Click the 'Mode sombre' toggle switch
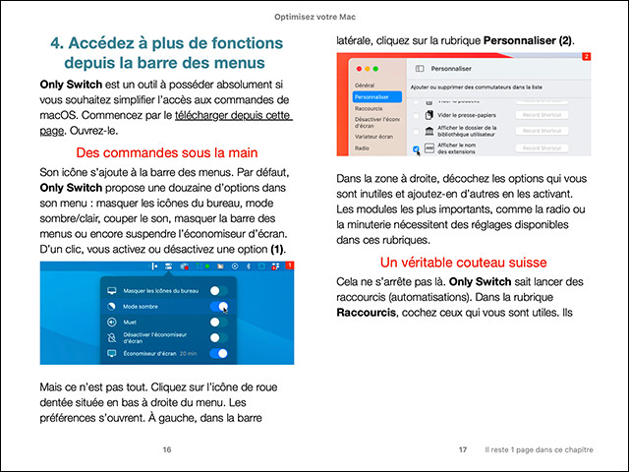(218, 306)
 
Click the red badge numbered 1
(290, 266)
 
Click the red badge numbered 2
(586, 58)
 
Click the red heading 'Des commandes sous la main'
(166, 153)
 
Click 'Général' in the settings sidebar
(365, 86)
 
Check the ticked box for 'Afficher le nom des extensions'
(416, 148)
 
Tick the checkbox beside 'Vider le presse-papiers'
(416, 114)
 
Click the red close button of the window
(360, 69)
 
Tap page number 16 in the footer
(167, 449)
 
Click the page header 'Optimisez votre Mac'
(314, 19)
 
